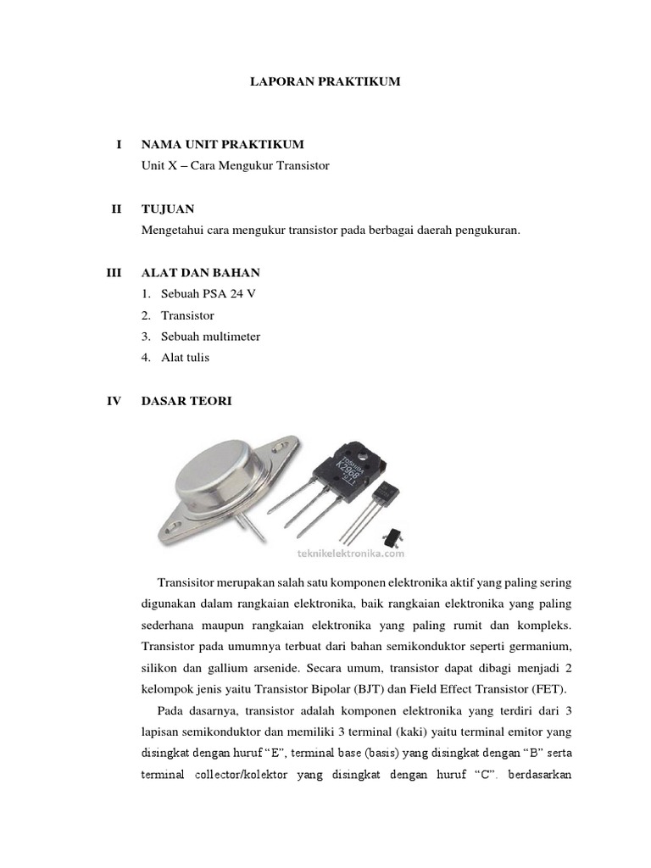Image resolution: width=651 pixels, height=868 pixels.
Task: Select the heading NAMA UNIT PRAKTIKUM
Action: pyautogui.click(x=223, y=146)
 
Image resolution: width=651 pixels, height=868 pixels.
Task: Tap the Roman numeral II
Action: pyautogui.click(x=117, y=209)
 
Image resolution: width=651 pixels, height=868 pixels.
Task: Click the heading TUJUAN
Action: pyautogui.click(x=168, y=209)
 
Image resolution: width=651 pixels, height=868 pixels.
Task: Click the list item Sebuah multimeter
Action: pyautogui.click(x=210, y=337)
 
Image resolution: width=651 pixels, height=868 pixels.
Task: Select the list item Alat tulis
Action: pyautogui.click(x=185, y=358)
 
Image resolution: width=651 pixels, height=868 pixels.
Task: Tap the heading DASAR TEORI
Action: pyautogui.click(x=186, y=401)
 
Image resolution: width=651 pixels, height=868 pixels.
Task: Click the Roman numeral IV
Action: pyautogui.click(x=114, y=401)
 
